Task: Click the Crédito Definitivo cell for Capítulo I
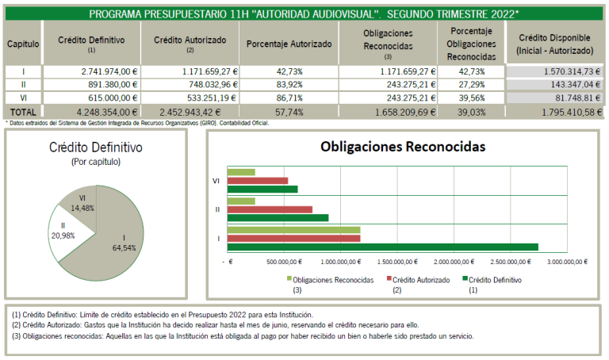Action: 92,71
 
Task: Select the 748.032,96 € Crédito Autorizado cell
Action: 190,84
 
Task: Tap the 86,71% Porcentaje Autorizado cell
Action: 289,98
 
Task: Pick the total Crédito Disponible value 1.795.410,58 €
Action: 572,113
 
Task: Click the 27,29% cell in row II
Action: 471,84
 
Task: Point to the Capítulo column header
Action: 23,44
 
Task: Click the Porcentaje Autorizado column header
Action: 289,44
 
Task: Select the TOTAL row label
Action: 23,113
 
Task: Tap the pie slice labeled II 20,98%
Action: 68,232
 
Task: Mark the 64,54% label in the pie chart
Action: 124,247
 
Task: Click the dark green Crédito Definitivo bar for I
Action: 382,247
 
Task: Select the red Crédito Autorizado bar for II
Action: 270,209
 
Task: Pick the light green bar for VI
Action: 241,172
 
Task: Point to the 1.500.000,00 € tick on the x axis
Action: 397,262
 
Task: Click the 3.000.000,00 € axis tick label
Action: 568,262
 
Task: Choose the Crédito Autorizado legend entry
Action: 419,284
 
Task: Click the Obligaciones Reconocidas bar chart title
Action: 403,147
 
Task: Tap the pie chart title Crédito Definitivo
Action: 95,147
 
